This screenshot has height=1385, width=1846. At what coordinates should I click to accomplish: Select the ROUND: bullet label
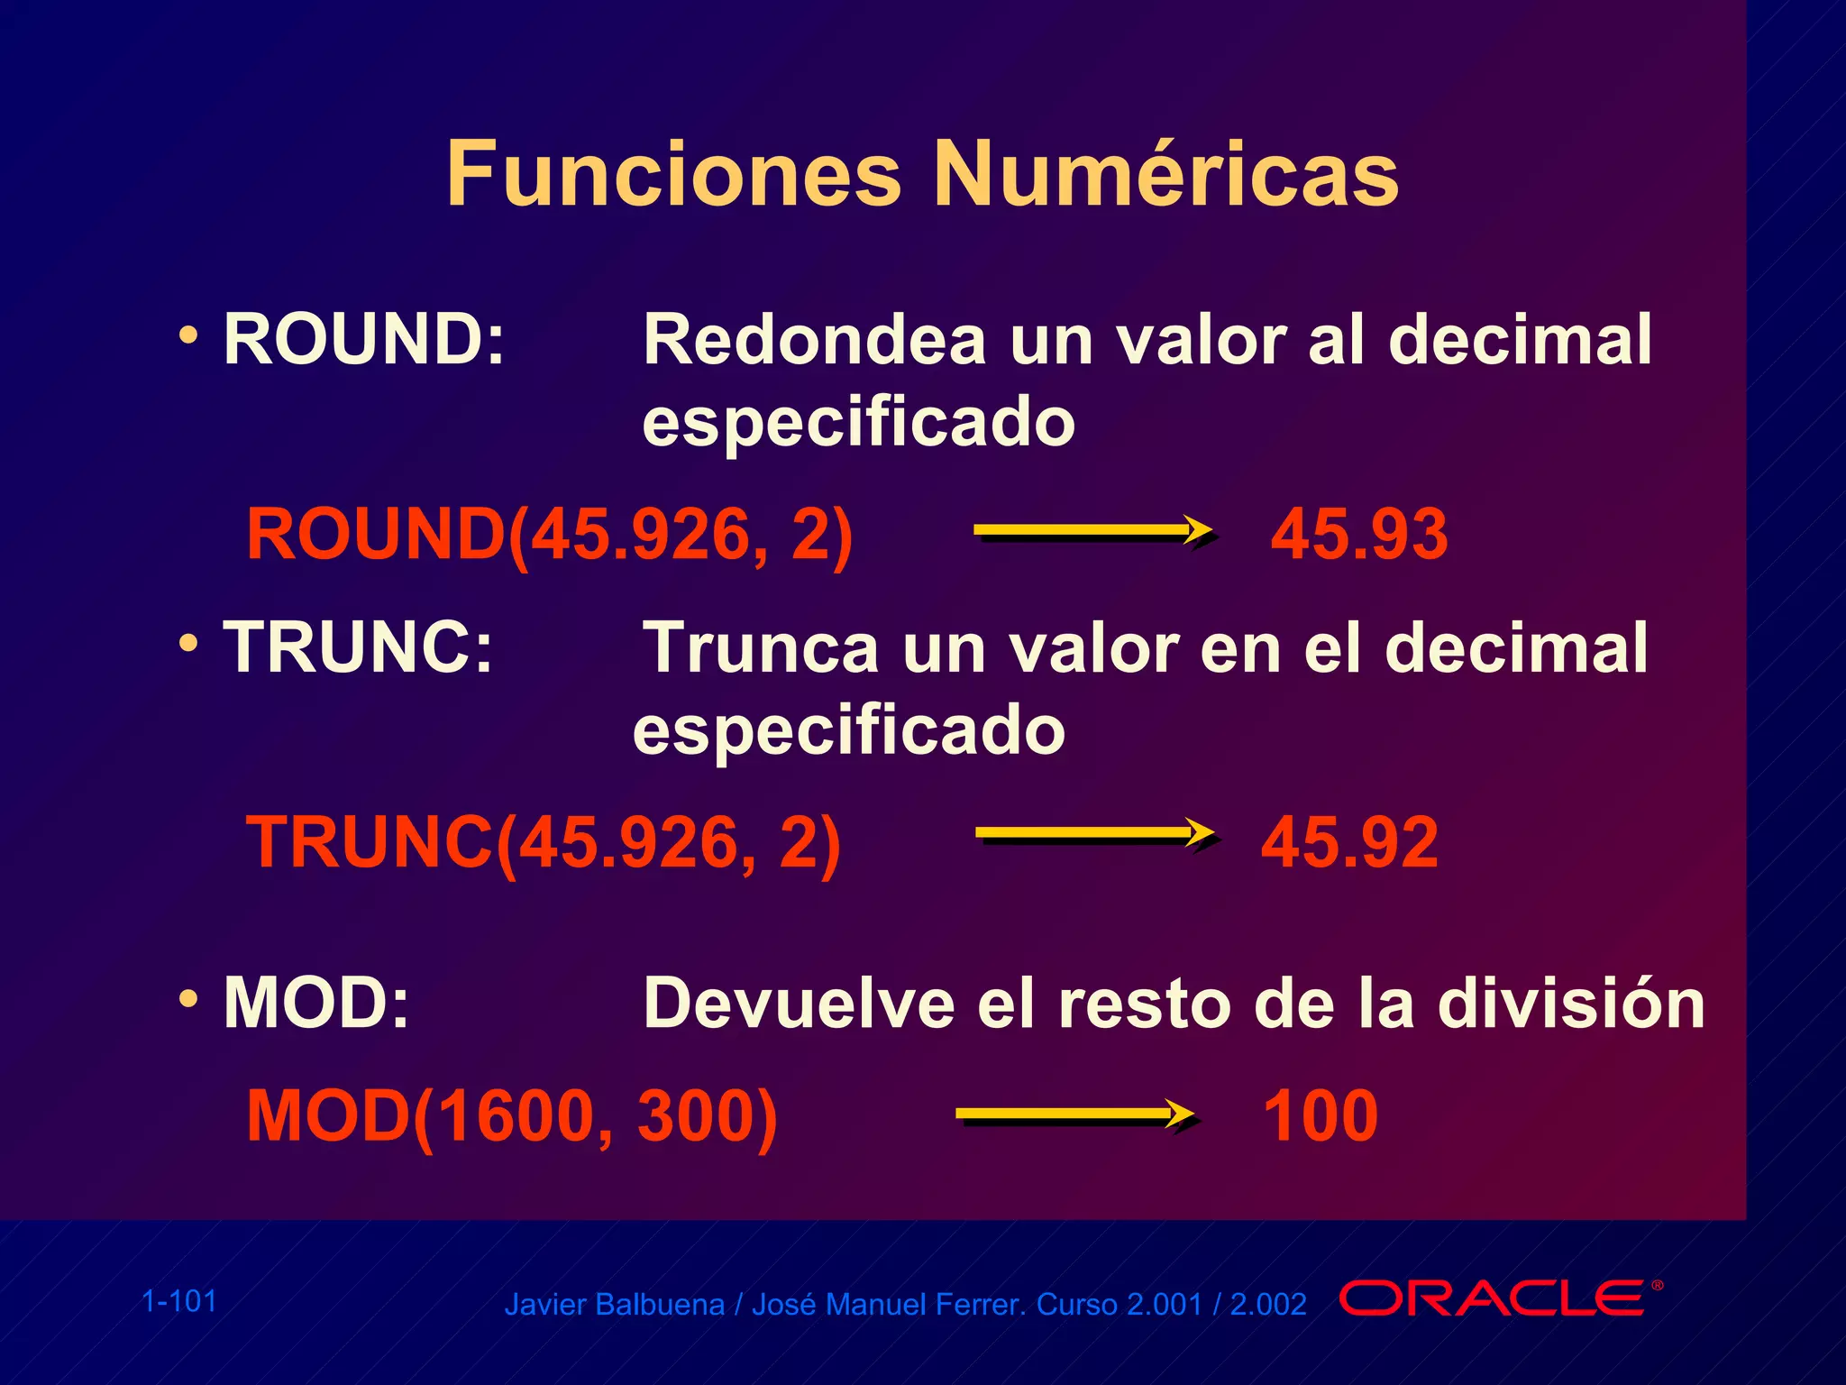point(364,340)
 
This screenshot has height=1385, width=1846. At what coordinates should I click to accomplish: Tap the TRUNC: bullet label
point(359,647)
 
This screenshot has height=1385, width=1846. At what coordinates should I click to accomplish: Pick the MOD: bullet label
point(316,1003)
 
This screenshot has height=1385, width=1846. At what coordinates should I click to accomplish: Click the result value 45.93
point(1359,535)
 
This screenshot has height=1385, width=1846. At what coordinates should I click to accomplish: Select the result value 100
point(1321,1116)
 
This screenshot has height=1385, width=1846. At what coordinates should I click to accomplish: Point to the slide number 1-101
point(179,1301)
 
